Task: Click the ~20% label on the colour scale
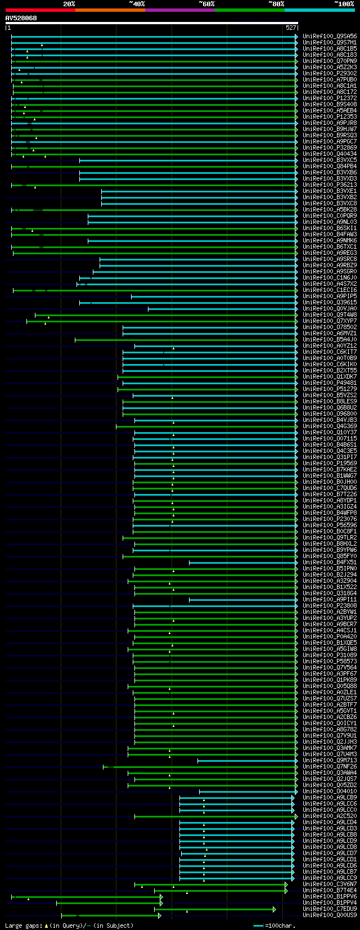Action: point(69,4)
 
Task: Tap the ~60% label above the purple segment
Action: point(206,4)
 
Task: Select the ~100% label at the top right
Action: point(344,4)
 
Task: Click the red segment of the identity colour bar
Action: point(40,10)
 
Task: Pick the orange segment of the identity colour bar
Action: point(110,10)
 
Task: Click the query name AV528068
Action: point(21,18)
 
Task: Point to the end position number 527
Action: point(291,28)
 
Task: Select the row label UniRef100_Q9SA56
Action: point(330,37)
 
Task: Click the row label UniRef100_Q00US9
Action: point(330,915)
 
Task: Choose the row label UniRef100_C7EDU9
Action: point(330,909)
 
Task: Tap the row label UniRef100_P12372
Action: point(330,98)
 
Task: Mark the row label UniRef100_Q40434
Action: point(330,154)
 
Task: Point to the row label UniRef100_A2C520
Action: point(330,816)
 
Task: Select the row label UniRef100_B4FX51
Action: point(330,562)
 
